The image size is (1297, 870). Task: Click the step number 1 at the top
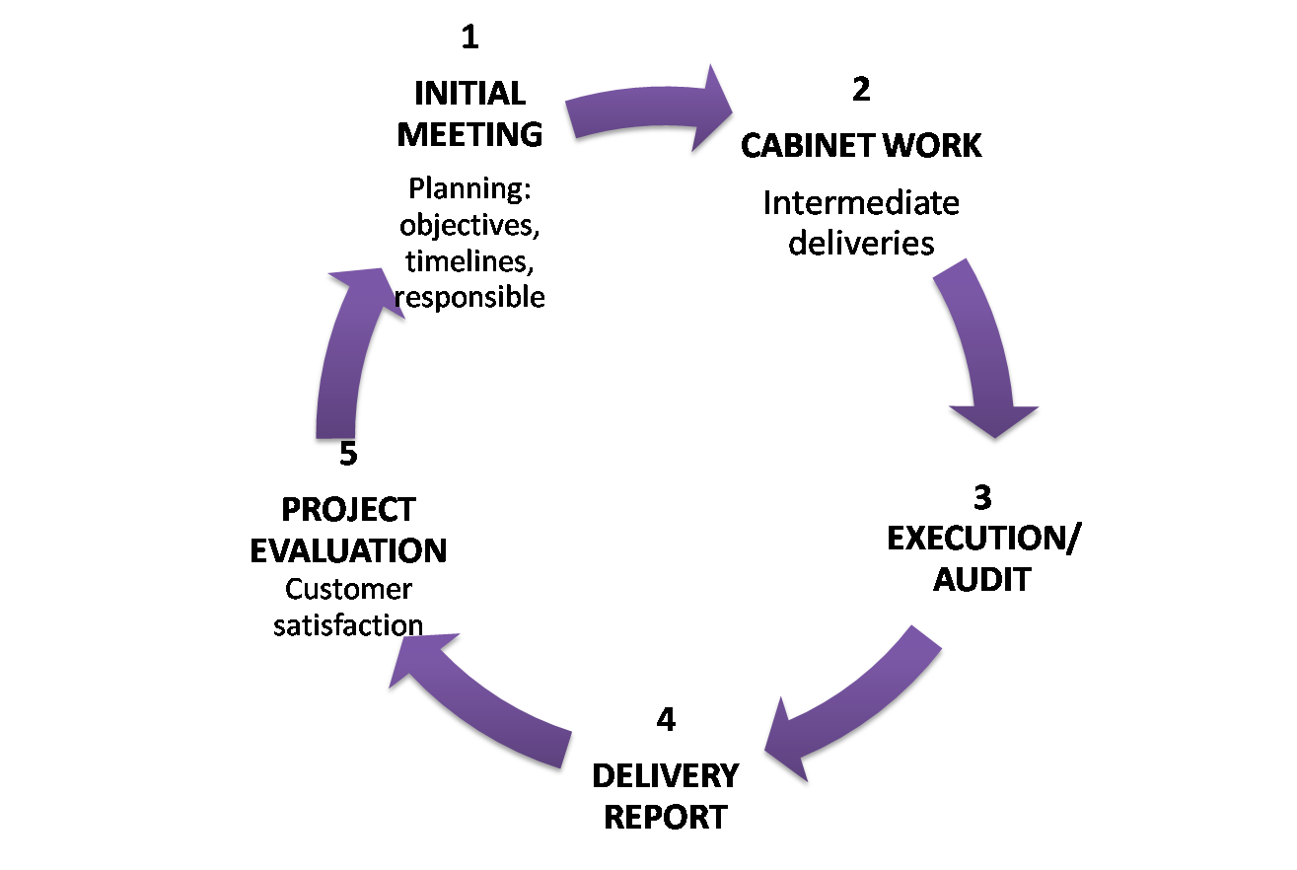coord(469,38)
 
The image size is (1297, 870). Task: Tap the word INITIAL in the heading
coord(469,94)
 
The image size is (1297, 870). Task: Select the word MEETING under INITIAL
coord(469,133)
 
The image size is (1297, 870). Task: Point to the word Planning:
coord(469,187)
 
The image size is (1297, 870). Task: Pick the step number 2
coord(861,90)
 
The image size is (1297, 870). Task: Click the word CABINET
coord(807,146)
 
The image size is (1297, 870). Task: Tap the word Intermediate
coord(861,203)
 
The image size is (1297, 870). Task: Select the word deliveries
coord(861,243)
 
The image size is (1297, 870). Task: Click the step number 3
coord(982,497)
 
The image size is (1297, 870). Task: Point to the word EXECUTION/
coord(983,539)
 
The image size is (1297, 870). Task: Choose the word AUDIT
coord(982,579)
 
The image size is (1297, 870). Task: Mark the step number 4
coord(666,720)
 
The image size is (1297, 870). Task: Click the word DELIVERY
coord(665,775)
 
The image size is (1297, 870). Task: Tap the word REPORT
coord(665,817)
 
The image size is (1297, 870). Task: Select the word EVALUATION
coord(348,550)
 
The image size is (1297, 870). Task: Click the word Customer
coord(348,590)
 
